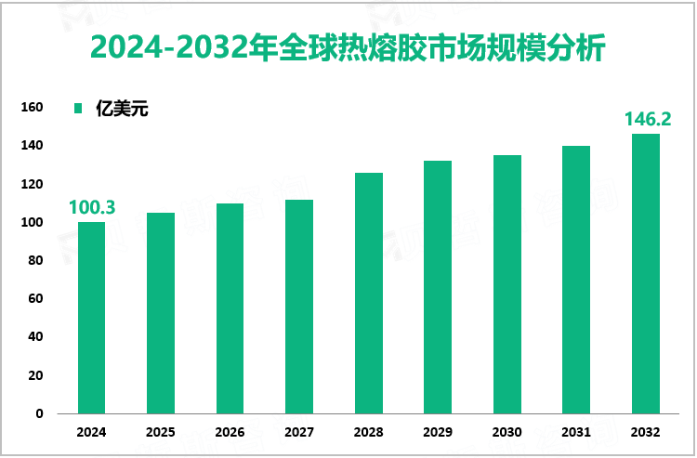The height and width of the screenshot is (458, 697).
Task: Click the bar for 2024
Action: [x=91, y=318]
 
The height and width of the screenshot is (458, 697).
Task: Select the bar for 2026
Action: [x=230, y=308]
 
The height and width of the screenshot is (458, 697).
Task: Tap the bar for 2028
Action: [x=368, y=293]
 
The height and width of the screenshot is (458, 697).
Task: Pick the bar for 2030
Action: [x=506, y=284]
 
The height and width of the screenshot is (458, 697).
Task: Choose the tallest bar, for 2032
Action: [x=645, y=274]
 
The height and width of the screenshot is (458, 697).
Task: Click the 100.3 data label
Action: [x=91, y=207]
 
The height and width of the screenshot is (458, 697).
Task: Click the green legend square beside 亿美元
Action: [x=79, y=109]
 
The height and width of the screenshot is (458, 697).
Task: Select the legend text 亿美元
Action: [x=122, y=109]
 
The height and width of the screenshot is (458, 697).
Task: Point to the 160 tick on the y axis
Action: [x=33, y=108]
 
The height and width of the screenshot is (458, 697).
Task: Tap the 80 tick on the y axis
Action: [x=36, y=261]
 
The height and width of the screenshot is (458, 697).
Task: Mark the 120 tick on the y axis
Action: [x=33, y=184]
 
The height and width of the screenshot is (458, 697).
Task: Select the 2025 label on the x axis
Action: [x=161, y=433]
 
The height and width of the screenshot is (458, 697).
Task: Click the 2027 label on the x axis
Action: [x=299, y=433]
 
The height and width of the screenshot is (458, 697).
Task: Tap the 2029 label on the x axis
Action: [x=438, y=433]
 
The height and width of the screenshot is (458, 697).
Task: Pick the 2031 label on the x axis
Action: [x=576, y=433]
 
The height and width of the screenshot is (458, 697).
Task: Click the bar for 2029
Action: [x=438, y=287]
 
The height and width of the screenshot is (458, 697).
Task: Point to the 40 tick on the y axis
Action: [x=36, y=337]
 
